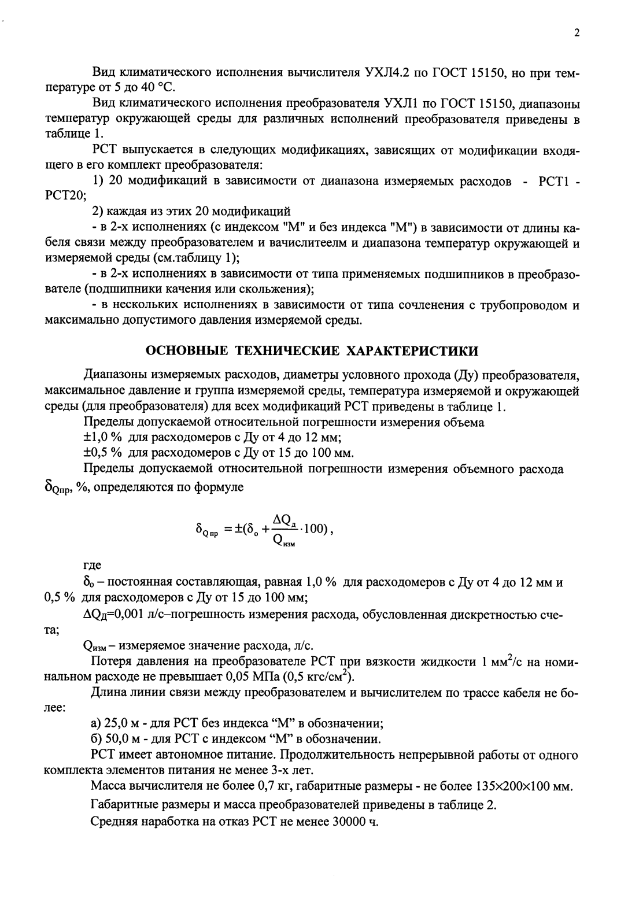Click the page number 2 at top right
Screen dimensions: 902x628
(x=576, y=33)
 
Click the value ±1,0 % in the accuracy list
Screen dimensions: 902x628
(x=102, y=437)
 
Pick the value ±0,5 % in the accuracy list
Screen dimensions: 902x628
(x=102, y=452)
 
